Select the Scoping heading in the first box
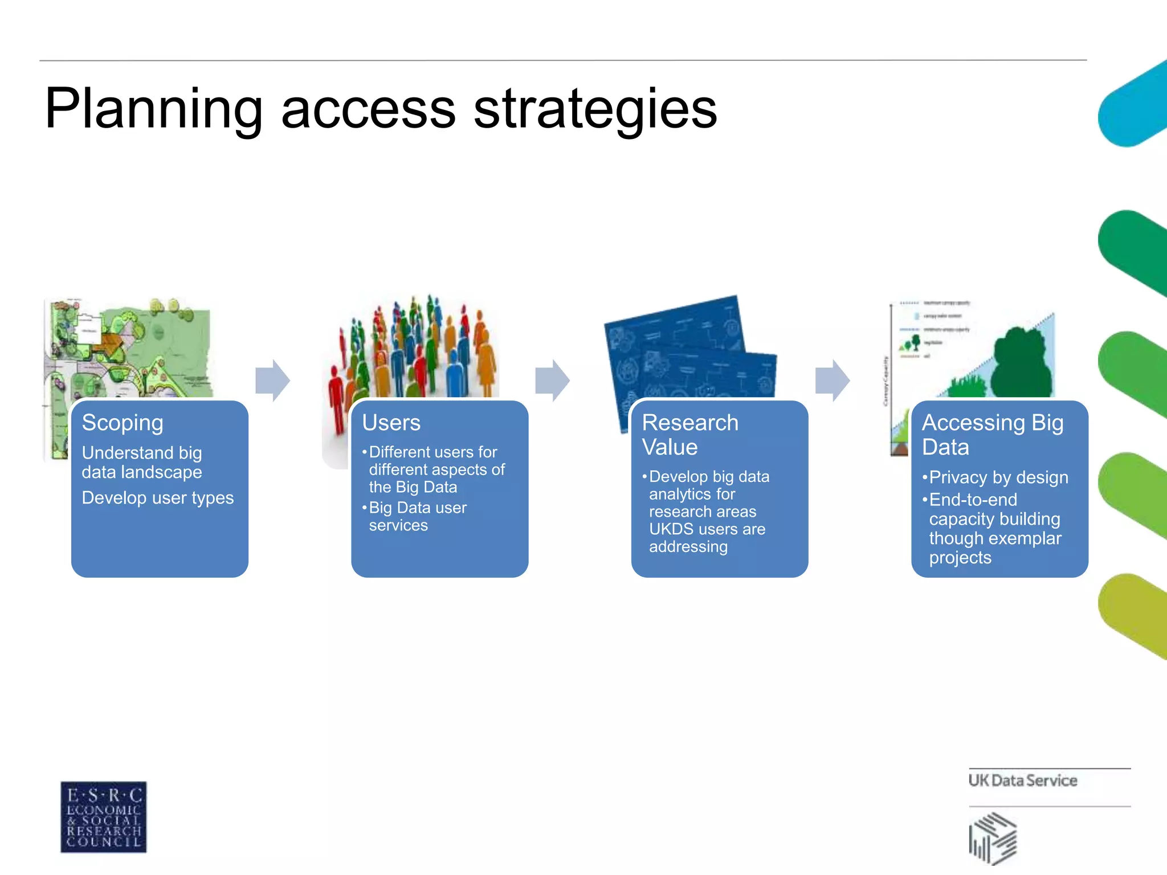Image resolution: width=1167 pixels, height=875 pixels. tap(123, 423)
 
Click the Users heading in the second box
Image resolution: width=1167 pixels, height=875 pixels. tap(391, 423)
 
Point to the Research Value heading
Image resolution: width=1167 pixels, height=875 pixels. tap(689, 435)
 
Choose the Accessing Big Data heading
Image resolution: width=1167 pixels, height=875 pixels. tap(992, 435)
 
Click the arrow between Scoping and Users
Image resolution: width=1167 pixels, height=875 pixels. tap(273, 380)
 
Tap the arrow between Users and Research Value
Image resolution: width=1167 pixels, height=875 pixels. tap(552, 380)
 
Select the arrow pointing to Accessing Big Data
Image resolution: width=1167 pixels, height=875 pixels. tap(833, 380)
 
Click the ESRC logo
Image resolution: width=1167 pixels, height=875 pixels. tap(104, 817)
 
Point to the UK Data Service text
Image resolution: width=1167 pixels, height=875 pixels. tap(1022, 780)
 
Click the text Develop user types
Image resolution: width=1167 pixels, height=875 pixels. tap(158, 498)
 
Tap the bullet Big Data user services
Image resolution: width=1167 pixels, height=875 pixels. tap(418, 516)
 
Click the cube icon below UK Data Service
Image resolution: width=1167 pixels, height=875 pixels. tap(993, 838)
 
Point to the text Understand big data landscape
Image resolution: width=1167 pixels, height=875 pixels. tap(142, 462)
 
